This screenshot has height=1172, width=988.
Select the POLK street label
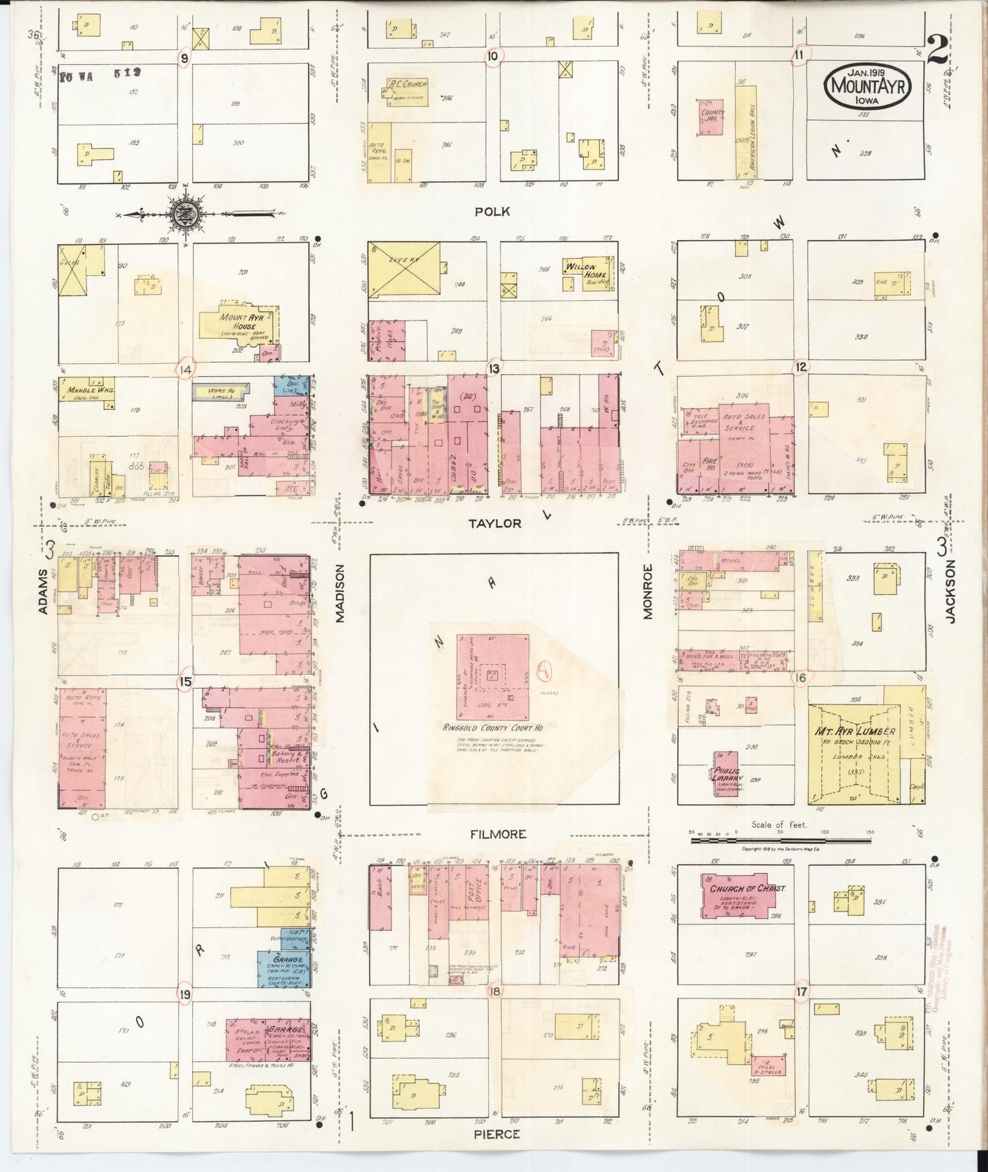tap(492, 212)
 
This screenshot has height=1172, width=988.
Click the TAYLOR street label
tap(494, 523)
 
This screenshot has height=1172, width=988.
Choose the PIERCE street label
tap(496, 1134)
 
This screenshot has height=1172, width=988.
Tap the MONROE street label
tap(648, 591)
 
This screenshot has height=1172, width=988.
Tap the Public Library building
tap(727, 773)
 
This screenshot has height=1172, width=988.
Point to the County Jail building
tap(712, 116)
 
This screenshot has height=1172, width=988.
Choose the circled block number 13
tap(493, 369)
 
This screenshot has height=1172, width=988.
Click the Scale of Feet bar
tap(779, 839)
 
